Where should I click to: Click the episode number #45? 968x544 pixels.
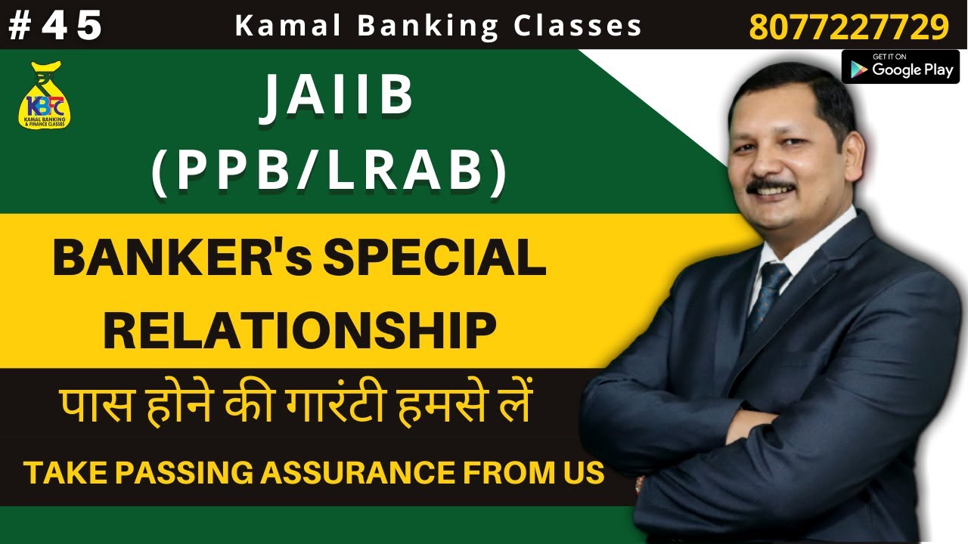pos(55,26)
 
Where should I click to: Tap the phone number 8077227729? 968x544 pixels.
pos(849,27)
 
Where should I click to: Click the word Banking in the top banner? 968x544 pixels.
pos(428,26)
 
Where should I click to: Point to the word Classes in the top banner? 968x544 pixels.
pos(578,26)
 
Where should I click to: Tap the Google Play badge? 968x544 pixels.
pos(900,66)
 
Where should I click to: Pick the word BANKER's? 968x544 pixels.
pos(181,259)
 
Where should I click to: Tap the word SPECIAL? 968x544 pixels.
pos(435,259)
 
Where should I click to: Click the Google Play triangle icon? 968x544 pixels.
pos(858,69)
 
